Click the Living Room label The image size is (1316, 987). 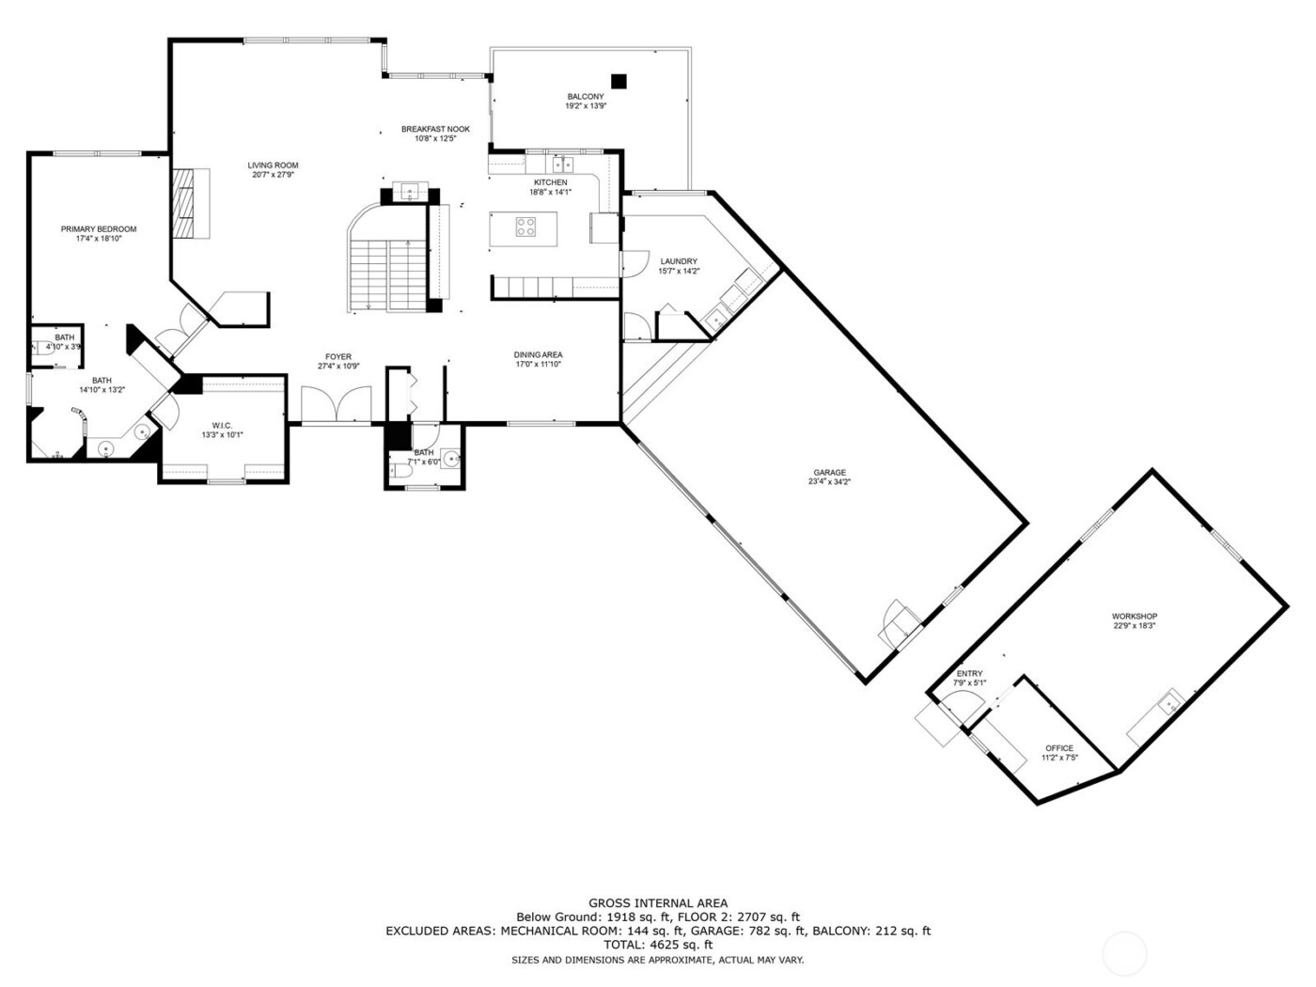274,165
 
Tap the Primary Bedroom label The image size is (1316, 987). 99,229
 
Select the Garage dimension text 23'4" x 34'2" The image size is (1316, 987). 830,481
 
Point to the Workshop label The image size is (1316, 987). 1134,616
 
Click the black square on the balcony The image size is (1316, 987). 619,81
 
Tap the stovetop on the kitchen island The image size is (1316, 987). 525,227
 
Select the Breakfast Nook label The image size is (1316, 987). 435,129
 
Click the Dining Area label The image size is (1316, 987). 538,354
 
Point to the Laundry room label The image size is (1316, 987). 678,261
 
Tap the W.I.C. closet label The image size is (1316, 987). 223,425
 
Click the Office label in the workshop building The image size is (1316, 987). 1058,748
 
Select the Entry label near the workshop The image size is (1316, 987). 969,674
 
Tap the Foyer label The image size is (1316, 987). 338,356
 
